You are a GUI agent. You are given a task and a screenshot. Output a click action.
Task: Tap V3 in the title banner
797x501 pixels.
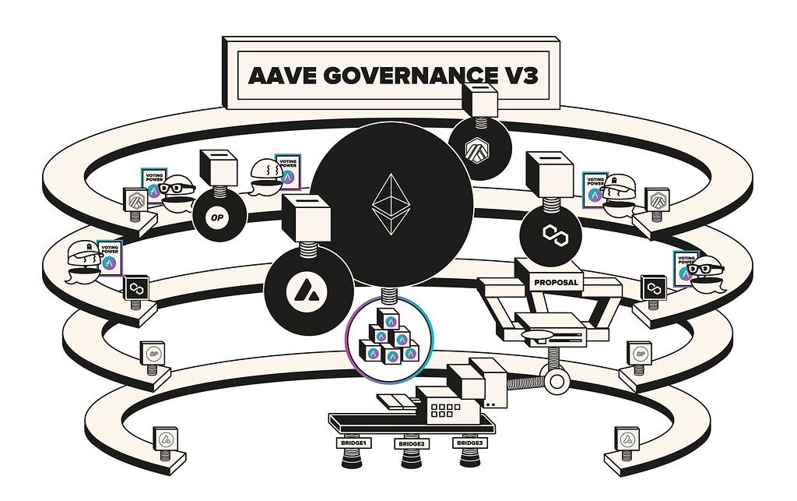pyautogui.click(x=517, y=76)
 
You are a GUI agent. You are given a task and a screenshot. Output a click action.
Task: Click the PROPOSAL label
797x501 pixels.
pyautogui.click(x=557, y=282)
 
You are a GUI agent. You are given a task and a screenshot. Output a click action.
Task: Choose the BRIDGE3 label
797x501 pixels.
pyautogui.click(x=469, y=443)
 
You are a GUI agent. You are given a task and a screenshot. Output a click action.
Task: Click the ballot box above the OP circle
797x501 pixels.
pyautogui.click(x=219, y=166)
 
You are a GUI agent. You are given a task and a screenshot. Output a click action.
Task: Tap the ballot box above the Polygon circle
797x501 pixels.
pyautogui.click(x=549, y=172)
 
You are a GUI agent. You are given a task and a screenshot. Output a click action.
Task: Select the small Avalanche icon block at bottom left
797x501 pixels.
pyautogui.click(x=165, y=439)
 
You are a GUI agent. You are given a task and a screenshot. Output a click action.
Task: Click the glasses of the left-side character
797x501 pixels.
pyautogui.click(x=179, y=188)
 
